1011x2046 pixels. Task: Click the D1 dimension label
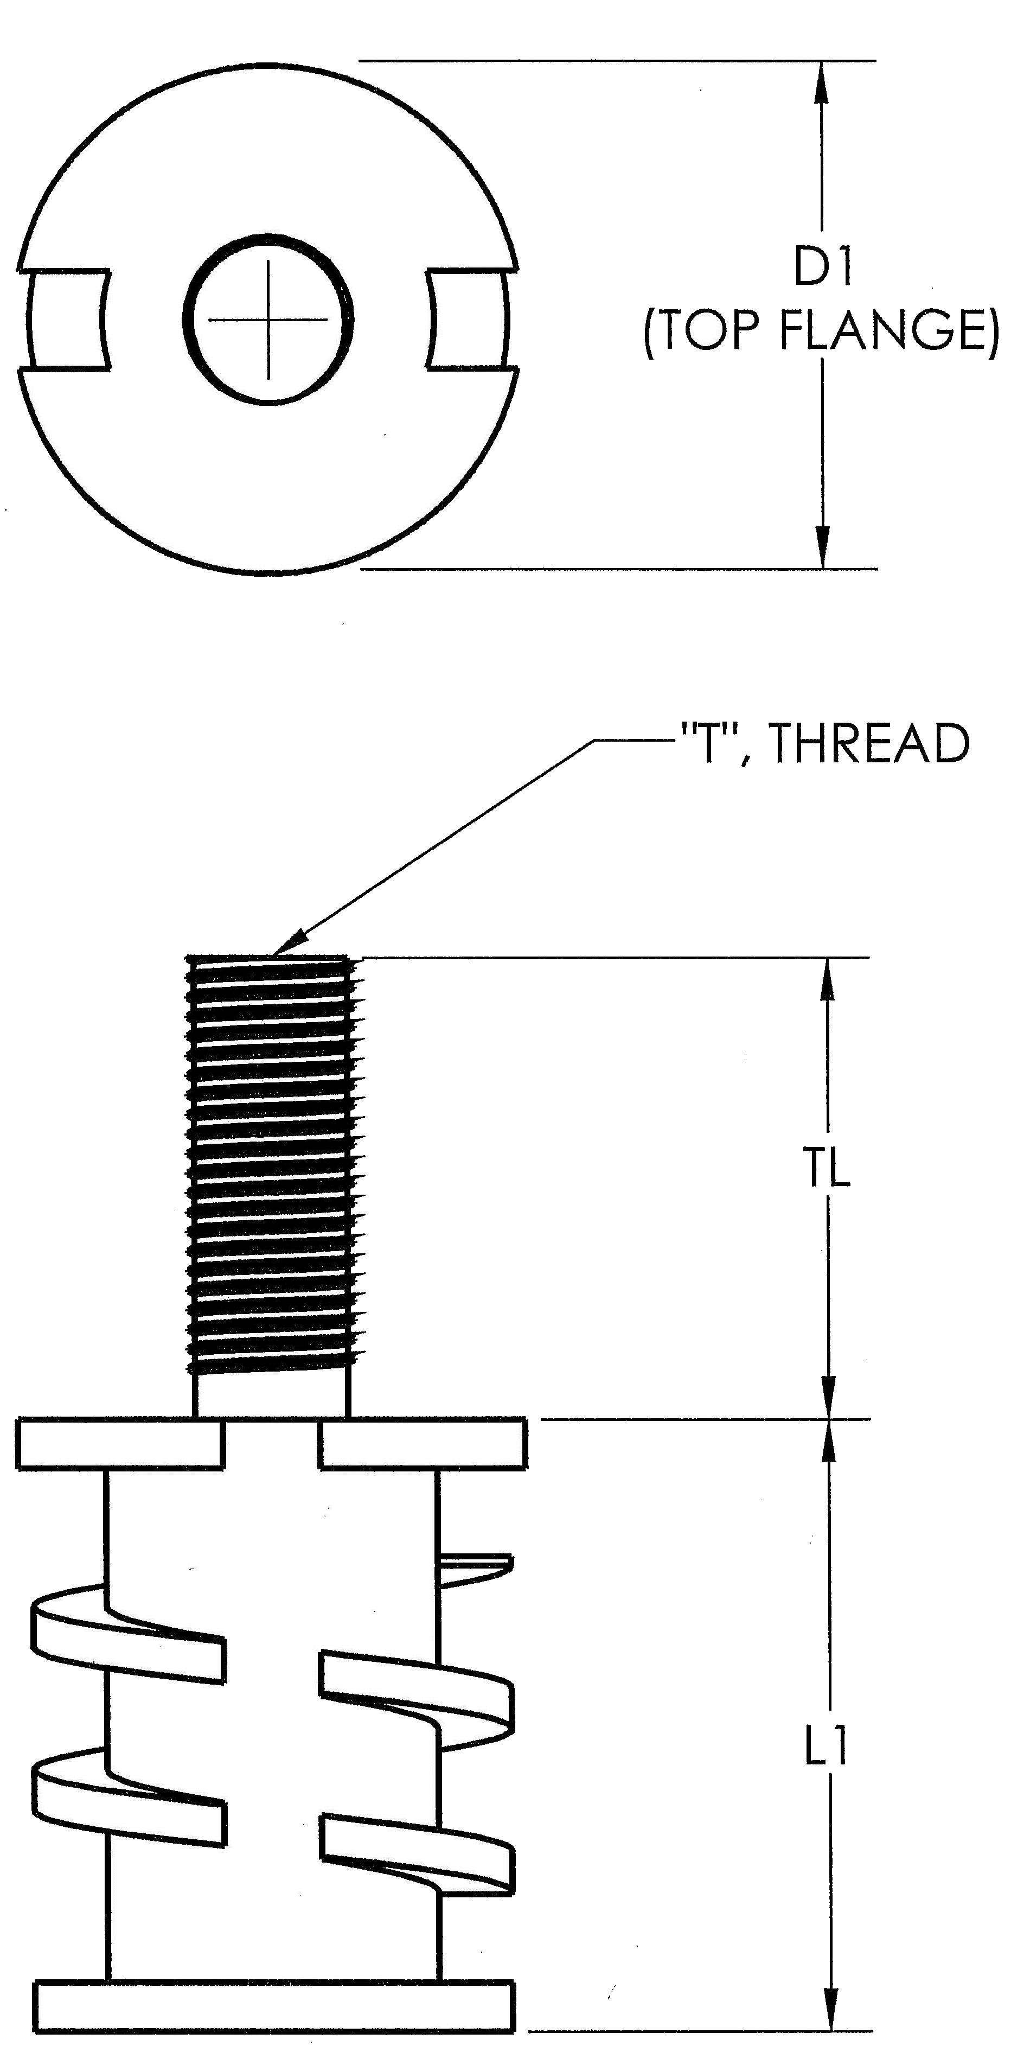pos(823,269)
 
